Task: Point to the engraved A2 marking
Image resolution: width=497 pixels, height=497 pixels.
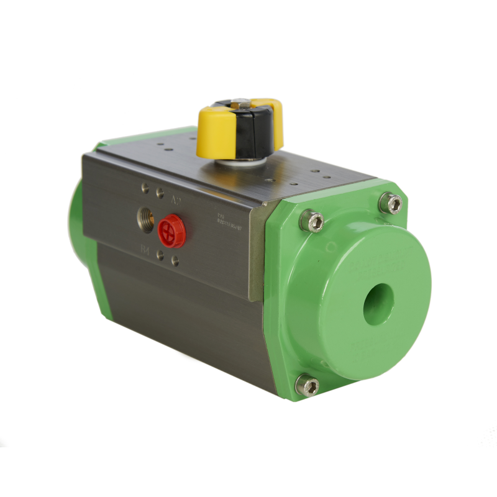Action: click(x=176, y=201)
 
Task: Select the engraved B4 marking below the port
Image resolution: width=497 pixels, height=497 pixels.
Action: click(x=145, y=250)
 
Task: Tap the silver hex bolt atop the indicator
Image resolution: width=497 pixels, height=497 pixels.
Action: click(x=244, y=103)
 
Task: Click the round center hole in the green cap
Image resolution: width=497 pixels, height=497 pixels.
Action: click(x=379, y=301)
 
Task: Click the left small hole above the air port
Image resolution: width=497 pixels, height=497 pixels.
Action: click(x=145, y=188)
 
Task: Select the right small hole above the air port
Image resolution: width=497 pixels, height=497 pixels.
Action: click(x=160, y=193)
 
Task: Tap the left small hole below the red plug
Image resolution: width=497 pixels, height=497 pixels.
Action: click(x=160, y=255)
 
